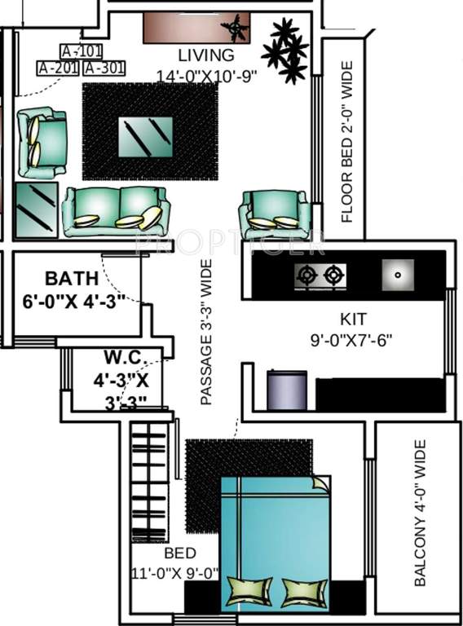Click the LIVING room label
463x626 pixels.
(x=206, y=55)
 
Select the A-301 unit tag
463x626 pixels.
(x=105, y=68)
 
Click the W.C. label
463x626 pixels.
(x=123, y=356)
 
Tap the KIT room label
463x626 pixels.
(x=353, y=318)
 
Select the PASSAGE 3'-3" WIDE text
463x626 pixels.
(x=207, y=332)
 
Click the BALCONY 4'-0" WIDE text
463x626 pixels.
(x=420, y=513)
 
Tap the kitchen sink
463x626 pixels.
(x=397, y=275)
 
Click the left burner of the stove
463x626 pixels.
(x=307, y=275)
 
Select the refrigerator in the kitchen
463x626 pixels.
(x=288, y=390)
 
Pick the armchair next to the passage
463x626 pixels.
(x=274, y=213)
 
